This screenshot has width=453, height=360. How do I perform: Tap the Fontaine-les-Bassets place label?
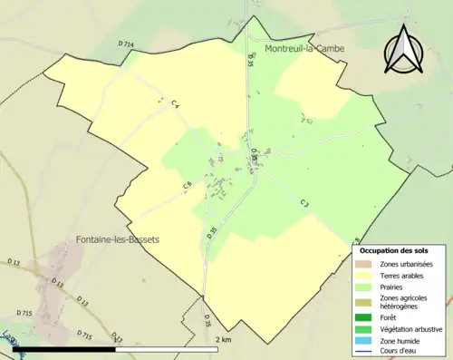[x=113, y=239]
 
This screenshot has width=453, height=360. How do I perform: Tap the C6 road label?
[x=187, y=185]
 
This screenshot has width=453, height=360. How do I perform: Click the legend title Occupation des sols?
[x=394, y=249]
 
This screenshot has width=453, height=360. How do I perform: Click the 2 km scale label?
[x=225, y=339]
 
